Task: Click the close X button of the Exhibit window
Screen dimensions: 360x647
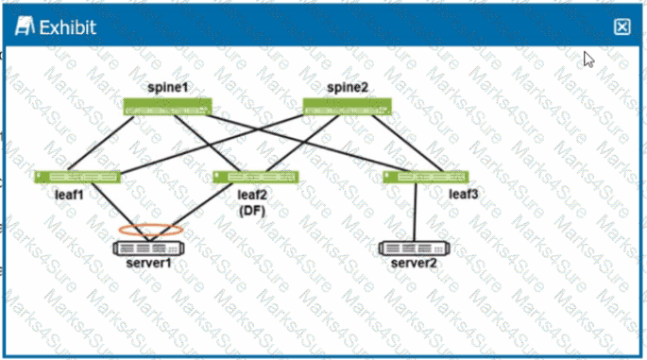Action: click(x=621, y=26)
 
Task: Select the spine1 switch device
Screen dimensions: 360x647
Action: click(x=169, y=107)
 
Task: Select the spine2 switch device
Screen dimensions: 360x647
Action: click(x=347, y=107)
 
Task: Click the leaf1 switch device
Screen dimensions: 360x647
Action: click(x=78, y=177)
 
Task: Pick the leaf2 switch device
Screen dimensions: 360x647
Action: click(x=256, y=177)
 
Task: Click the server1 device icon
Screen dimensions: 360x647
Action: click(x=149, y=248)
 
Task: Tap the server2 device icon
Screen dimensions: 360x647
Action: click(x=414, y=248)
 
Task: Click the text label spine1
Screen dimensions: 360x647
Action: click(x=168, y=88)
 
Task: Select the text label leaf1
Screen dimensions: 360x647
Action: click(x=69, y=196)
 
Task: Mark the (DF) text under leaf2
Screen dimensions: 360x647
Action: click(x=252, y=212)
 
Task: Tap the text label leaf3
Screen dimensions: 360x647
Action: click(x=464, y=195)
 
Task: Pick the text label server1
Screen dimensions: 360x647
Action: click(x=149, y=263)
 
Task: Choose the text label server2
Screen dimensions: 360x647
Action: click(x=414, y=263)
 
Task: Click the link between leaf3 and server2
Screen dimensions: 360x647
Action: click(x=416, y=213)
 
